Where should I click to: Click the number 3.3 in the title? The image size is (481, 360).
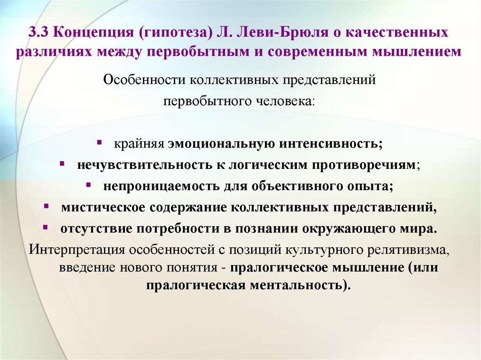pyautogui.click(x=38, y=33)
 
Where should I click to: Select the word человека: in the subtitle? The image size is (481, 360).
pyautogui.click(x=286, y=100)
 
